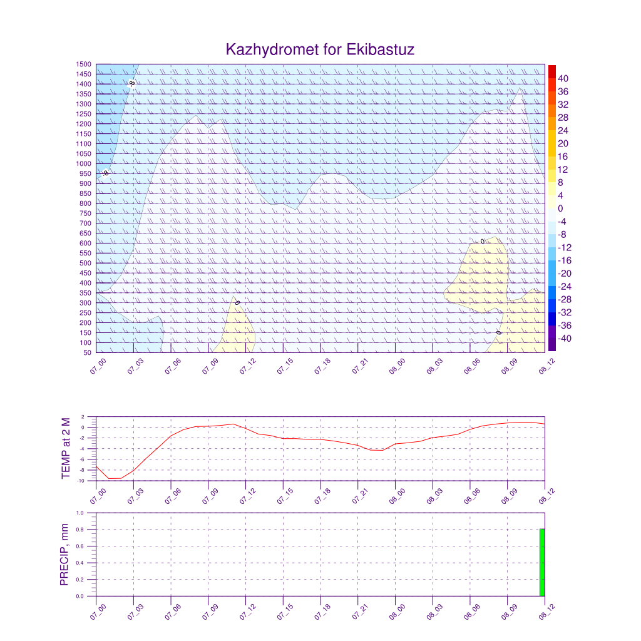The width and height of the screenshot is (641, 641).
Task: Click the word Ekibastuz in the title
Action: tap(380, 49)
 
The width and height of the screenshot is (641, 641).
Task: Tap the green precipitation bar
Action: tap(542, 562)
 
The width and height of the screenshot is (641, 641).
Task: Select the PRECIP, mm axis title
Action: tap(64, 555)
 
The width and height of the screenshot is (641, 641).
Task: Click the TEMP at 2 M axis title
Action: tap(66, 448)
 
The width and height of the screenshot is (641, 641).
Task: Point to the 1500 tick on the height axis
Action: tap(85, 64)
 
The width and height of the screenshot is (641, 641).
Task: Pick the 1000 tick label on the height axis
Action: tap(85, 164)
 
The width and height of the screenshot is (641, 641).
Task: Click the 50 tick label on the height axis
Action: tap(87, 352)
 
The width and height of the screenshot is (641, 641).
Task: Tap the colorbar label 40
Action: tap(563, 78)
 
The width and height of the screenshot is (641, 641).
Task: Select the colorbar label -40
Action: tap(563, 339)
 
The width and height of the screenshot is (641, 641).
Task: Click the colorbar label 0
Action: tap(561, 208)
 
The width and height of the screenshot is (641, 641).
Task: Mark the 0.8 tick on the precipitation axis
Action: tap(80, 530)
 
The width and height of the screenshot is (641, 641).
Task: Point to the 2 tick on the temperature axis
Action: tap(83, 417)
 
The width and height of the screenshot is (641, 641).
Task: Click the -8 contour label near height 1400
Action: tap(132, 83)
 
